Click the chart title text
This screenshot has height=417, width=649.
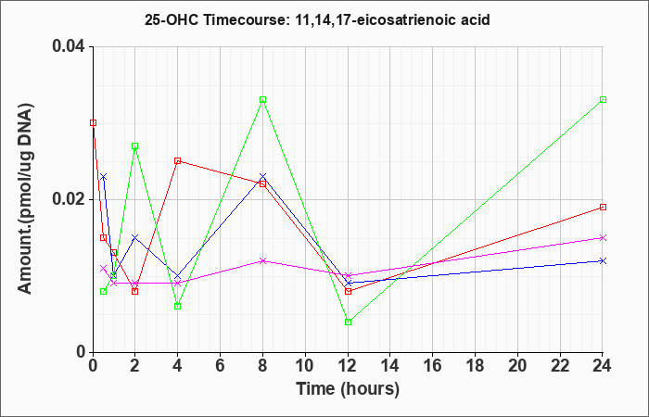[317, 19]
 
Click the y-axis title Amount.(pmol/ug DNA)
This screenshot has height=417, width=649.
[26, 199]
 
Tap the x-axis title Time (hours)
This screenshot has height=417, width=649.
[348, 389]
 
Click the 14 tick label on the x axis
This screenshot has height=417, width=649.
[390, 366]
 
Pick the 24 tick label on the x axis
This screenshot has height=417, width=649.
[603, 366]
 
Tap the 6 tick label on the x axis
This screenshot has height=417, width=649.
[221, 366]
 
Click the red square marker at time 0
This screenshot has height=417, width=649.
[93, 123]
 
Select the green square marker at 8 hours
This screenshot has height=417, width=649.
[262, 100]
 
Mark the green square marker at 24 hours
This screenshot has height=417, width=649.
[603, 100]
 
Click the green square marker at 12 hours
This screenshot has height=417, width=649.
[348, 322]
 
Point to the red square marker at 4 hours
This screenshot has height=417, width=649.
[178, 161]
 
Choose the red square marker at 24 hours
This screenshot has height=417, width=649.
[603, 208]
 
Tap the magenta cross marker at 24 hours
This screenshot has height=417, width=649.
[603, 237]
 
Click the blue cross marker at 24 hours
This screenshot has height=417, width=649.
[603, 260]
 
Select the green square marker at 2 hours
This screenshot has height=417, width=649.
[135, 146]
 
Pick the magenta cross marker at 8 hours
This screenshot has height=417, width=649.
[262, 260]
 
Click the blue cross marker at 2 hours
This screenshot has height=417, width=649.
[135, 237]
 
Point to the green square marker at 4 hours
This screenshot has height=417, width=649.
[178, 306]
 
